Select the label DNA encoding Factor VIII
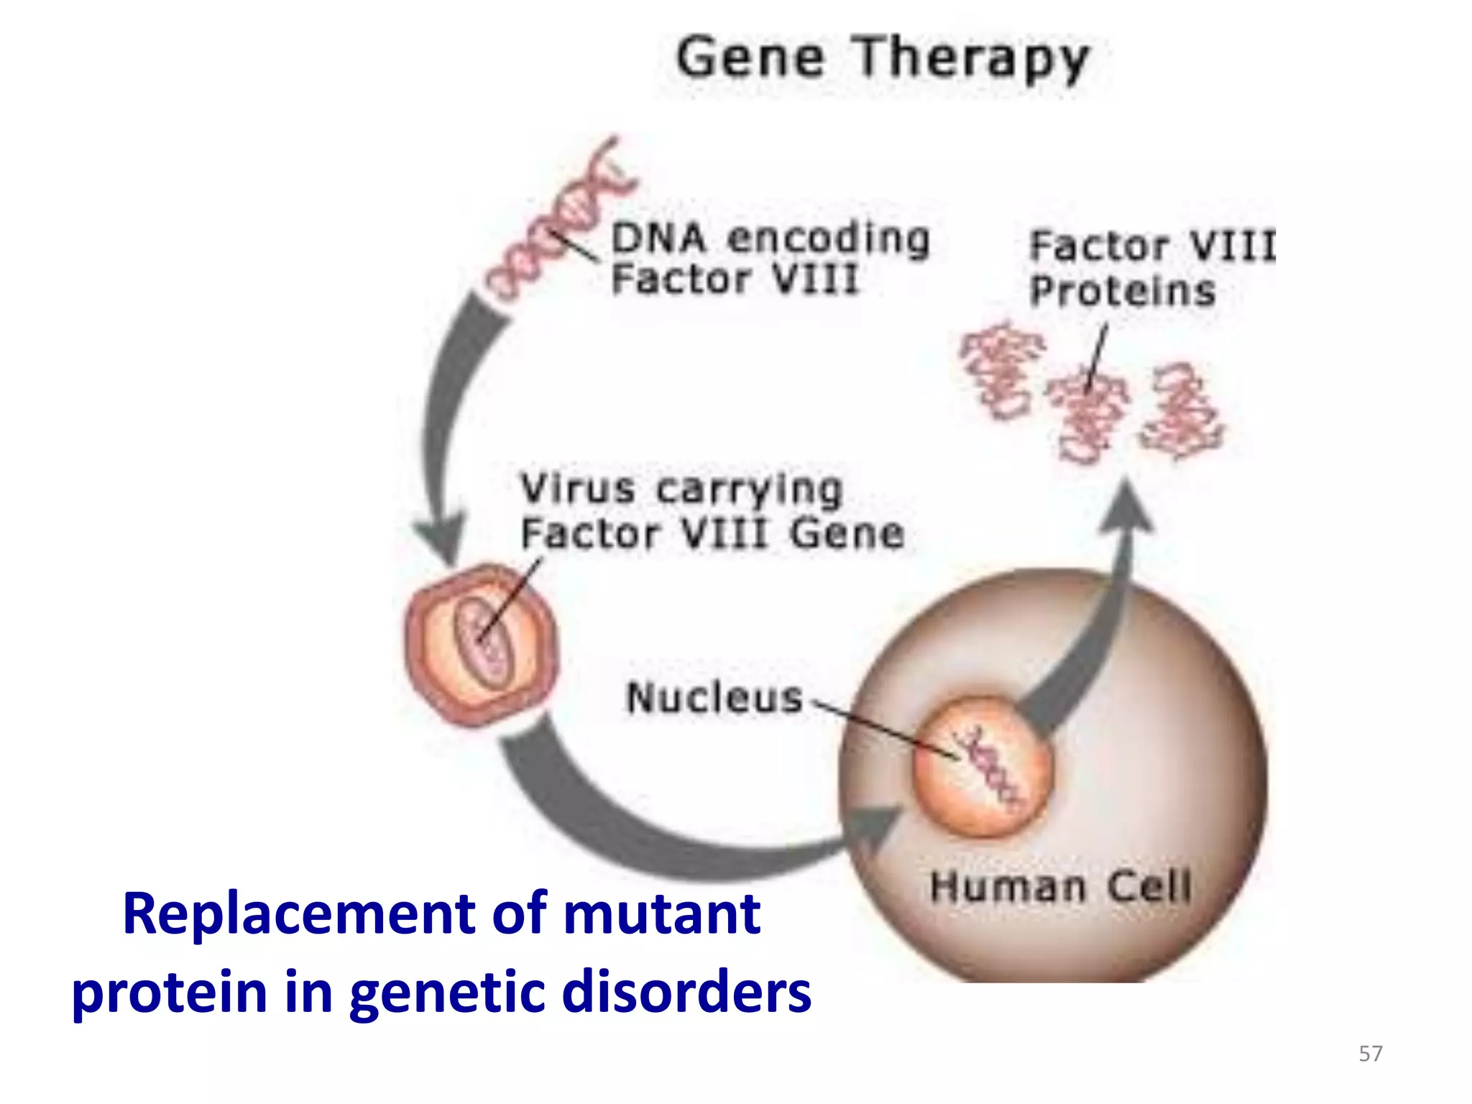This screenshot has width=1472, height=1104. point(769,259)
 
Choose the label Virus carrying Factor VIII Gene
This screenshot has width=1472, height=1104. point(712,512)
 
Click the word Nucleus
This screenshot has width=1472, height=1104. point(714,698)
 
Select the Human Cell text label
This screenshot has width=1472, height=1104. point(1060,886)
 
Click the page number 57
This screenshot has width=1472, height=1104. point(1370,1054)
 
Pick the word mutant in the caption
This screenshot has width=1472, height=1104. point(661,914)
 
